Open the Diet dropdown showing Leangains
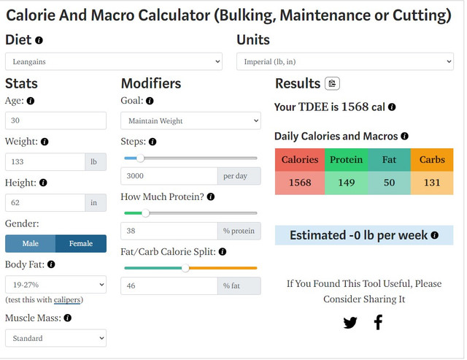coord(113,62)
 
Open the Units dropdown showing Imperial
coord(344,62)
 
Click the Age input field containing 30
coord(55,120)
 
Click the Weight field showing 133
coord(45,161)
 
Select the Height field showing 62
coord(45,202)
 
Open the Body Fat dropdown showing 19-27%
coord(55,284)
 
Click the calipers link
coord(67,299)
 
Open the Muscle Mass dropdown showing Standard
coord(55,338)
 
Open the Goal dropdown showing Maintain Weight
coord(190,120)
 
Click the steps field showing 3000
coord(169,176)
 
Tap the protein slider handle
coord(145,213)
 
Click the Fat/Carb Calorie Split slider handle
coord(185,268)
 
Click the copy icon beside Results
coord(332,84)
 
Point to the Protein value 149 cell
coord(346,183)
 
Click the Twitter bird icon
coord(350,322)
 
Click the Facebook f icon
coord(378,322)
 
